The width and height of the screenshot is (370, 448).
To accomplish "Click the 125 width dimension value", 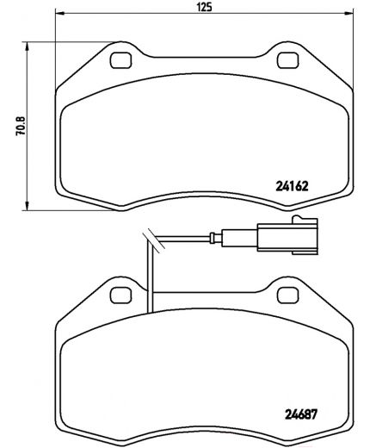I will tap(202, 7).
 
